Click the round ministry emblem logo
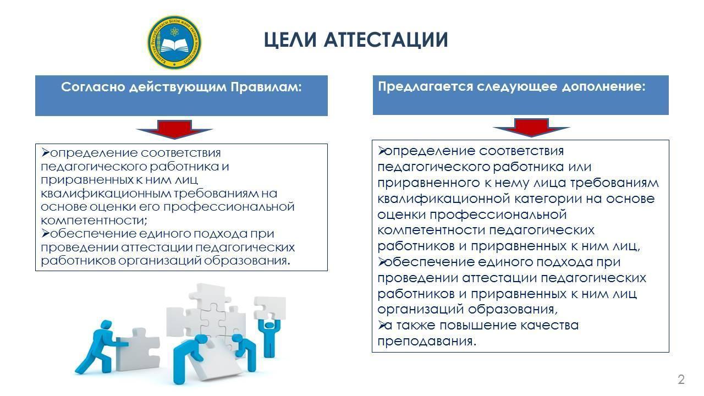174,42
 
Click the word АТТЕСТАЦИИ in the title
386,40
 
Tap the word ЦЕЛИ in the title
290,41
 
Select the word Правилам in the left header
266,87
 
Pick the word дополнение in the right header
603,86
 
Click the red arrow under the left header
174,129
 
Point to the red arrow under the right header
531,127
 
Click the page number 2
681,380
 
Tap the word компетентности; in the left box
94,221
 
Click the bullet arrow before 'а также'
381,325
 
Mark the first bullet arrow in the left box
46,153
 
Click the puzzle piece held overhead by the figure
270,307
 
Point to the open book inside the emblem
174,46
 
